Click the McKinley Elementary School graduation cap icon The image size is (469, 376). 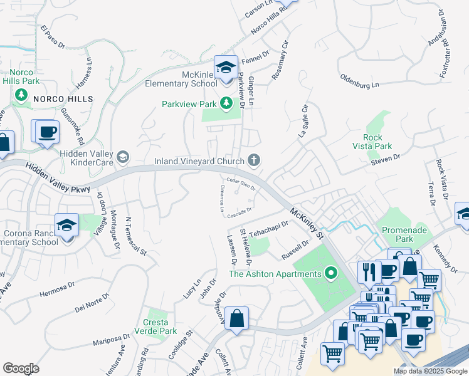pyautogui.click(x=225, y=66)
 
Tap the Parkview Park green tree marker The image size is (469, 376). pyautogui.click(x=225, y=104)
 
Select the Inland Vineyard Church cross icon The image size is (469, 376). pyautogui.click(x=254, y=161)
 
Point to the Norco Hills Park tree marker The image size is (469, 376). pyautogui.click(x=21, y=95)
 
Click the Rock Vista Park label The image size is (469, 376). pyautogui.click(x=377, y=142)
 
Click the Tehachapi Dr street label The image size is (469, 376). pyautogui.click(x=268, y=229)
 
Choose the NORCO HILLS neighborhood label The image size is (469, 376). pyautogui.click(x=63, y=99)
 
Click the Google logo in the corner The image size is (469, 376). pyautogui.click(x=21, y=368)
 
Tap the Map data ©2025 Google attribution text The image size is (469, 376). pyautogui.click(x=430, y=371)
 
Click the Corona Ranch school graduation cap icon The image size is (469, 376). pyautogui.click(x=66, y=225)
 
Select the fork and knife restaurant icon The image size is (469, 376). pyautogui.click(x=367, y=271)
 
